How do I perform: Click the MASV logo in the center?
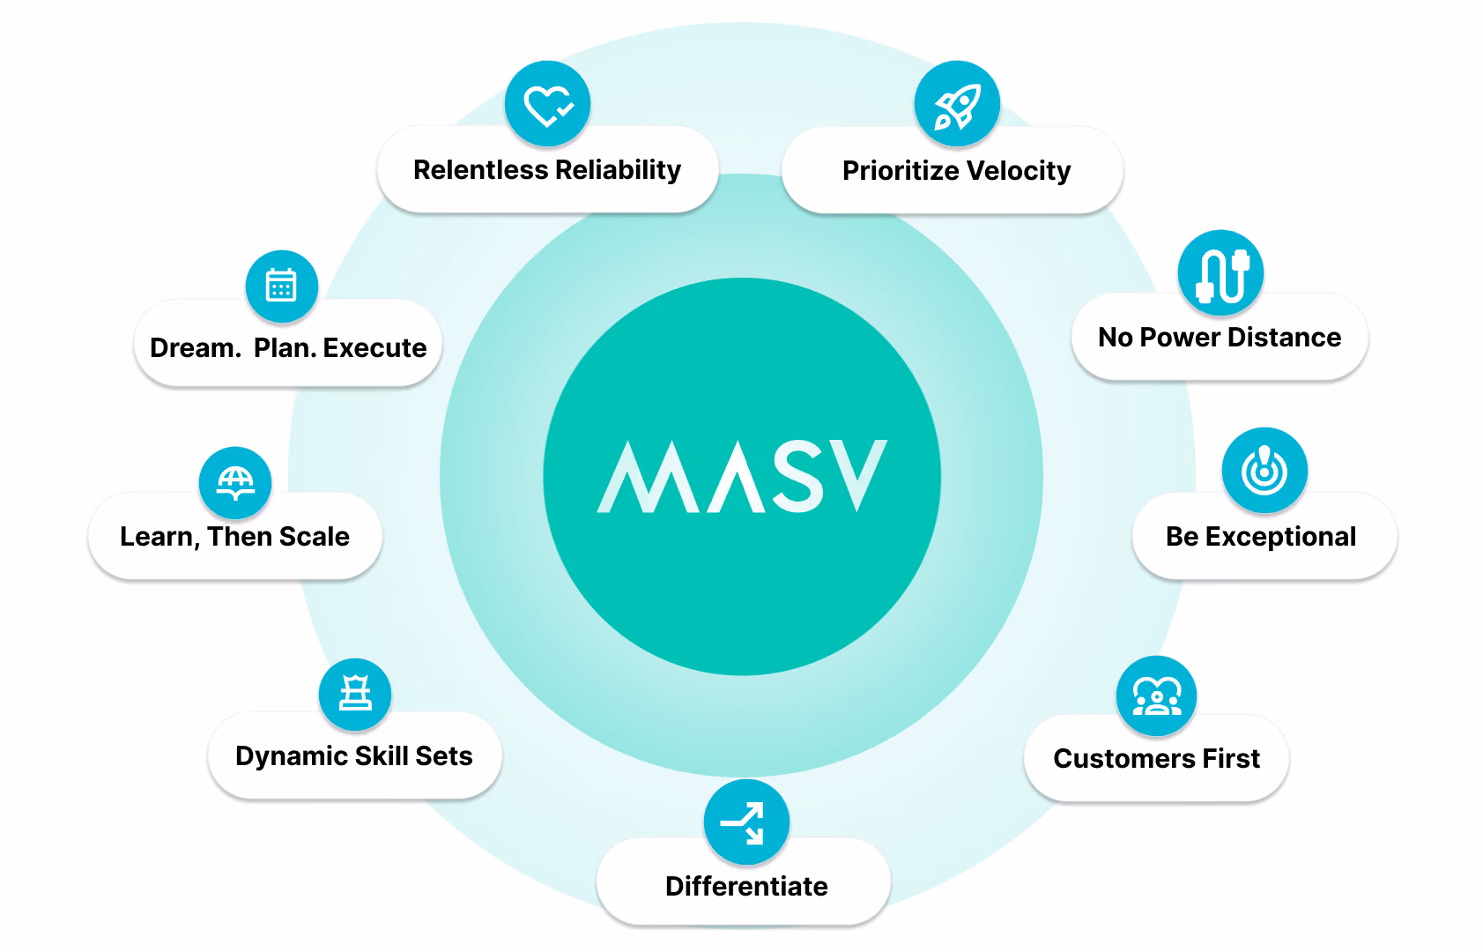pyautogui.click(x=742, y=476)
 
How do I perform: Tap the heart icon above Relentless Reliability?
pyautogui.click(x=547, y=104)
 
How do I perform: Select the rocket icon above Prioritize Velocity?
pyautogui.click(x=957, y=104)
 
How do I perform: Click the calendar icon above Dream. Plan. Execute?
pyautogui.click(x=281, y=286)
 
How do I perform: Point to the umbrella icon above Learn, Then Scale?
pyautogui.click(x=235, y=483)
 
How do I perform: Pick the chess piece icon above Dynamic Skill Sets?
pyautogui.click(x=355, y=695)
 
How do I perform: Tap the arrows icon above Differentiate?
pyautogui.click(x=746, y=822)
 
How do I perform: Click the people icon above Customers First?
pyautogui.click(x=1157, y=695)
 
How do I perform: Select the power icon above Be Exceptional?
pyautogui.click(x=1264, y=471)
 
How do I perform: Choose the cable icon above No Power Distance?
pyautogui.click(x=1220, y=273)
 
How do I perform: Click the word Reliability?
pyautogui.click(x=618, y=170)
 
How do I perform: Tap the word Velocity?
pyautogui.click(x=1019, y=171)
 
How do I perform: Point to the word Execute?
pyautogui.click(x=374, y=348)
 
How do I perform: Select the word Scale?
pyautogui.click(x=314, y=537)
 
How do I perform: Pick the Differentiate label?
pyautogui.click(x=747, y=887)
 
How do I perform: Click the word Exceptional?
pyautogui.click(x=1280, y=538)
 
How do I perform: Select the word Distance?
pyautogui.click(x=1285, y=338)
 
